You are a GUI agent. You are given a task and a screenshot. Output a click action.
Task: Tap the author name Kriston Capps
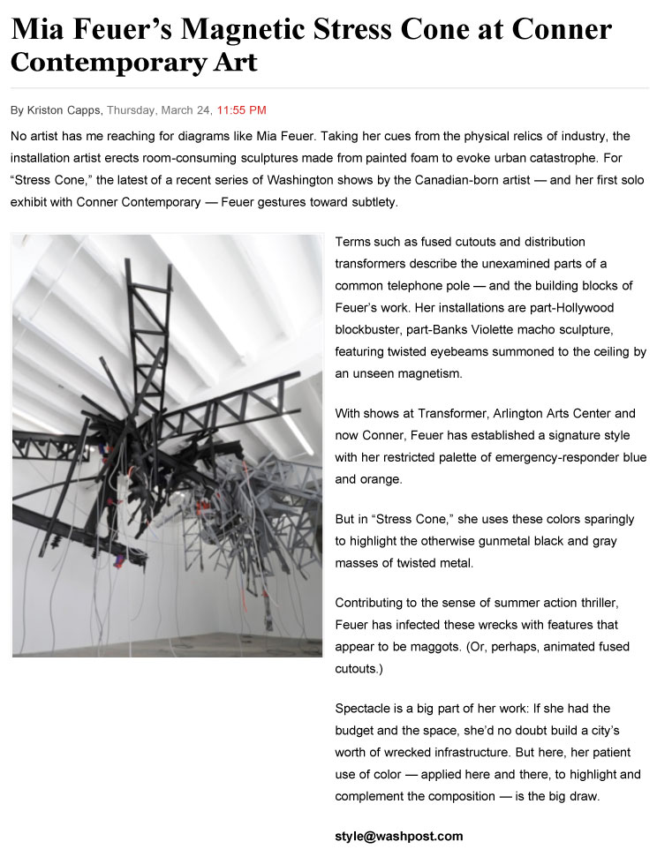point(64,110)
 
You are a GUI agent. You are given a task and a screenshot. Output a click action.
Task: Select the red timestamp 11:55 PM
point(241,110)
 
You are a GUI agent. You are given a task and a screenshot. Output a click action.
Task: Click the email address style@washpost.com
point(398,836)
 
